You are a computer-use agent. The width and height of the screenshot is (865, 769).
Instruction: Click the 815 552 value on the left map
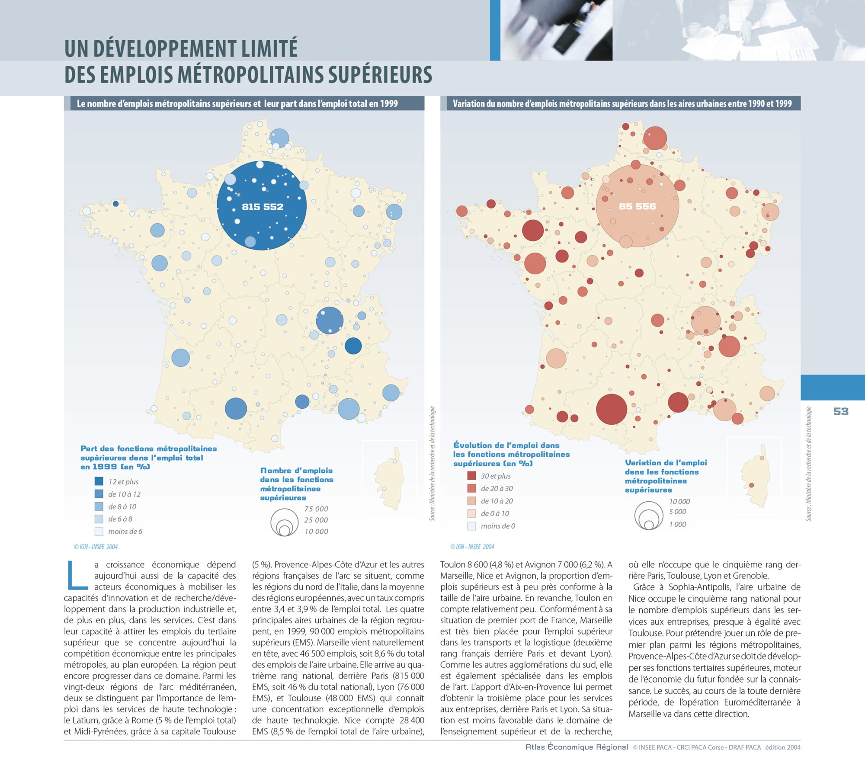(x=263, y=207)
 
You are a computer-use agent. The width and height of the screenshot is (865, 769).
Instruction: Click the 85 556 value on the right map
(x=637, y=206)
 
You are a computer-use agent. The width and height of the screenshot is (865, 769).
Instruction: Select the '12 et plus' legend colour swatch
(x=99, y=481)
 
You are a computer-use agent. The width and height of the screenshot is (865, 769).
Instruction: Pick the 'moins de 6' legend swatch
(x=99, y=531)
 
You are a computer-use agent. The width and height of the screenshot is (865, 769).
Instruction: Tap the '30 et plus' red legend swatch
(x=471, y=476)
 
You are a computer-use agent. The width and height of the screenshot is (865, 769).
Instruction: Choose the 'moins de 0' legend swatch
(x=471, y=526)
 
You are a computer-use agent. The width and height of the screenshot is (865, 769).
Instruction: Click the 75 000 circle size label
(x=316, y=509)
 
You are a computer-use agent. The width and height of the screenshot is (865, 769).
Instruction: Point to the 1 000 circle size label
(x=678, y=524)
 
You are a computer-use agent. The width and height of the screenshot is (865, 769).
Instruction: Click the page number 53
(x=841, y=411)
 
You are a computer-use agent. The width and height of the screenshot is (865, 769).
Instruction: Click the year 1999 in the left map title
(x=389, y=104)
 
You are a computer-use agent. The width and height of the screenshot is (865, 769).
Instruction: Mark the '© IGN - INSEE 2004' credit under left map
(x=96, y=547)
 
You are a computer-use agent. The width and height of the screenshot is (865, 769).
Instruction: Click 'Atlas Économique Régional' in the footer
(x=577, y=747)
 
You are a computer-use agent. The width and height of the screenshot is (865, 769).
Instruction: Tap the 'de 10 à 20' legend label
(x=497, y=501)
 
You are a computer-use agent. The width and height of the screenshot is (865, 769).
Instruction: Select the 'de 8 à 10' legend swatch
(x=99, y=506)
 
